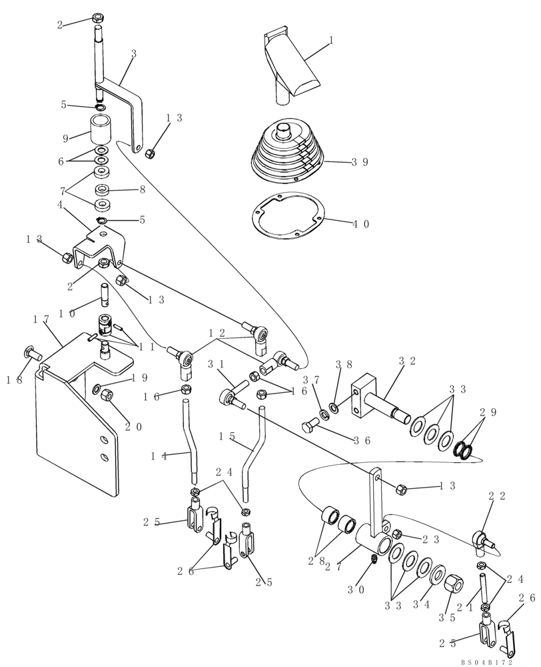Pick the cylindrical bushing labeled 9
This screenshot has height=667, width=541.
pyautogui.click(x=101, y=129)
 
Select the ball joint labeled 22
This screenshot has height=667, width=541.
pyautogui.click(x=482, y=540)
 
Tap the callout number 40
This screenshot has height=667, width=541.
pyautogui.click(x=360, y=225)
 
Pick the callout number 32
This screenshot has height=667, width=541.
pyautogui.click(x=407, y=360)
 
